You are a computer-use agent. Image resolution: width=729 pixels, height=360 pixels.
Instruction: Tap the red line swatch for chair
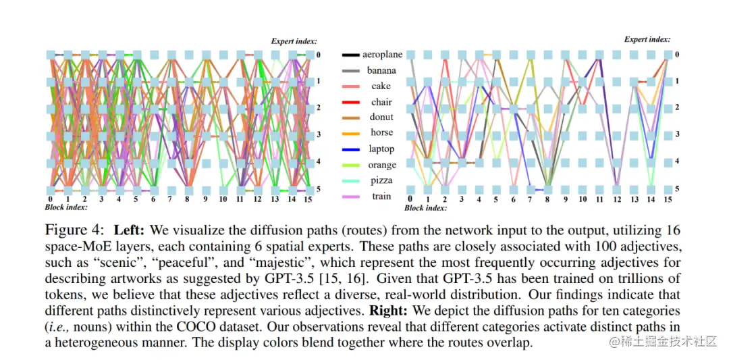tap(352, 102)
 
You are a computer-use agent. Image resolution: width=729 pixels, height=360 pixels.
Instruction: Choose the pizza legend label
tap(381, 180)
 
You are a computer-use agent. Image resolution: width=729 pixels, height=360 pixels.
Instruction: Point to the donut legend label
tap(381, 118)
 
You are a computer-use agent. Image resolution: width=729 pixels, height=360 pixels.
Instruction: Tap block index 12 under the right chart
tap(616, 199)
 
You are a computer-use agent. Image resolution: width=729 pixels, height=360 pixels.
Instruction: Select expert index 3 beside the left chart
tap(318, 135)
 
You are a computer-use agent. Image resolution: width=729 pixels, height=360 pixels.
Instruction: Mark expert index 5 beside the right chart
tap(677, 189)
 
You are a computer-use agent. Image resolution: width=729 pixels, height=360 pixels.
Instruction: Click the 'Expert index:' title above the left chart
tap(294, 41)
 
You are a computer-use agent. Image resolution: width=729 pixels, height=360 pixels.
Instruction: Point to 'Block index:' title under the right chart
tap(425, 208)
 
